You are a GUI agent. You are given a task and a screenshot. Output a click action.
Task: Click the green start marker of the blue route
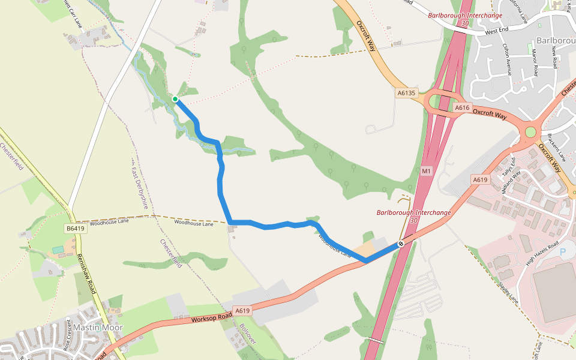click(x=175, y=99)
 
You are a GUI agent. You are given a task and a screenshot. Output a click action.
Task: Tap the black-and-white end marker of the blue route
click(x=400, y=244)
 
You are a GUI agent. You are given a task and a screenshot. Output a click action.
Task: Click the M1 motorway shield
click(x=426, y=171)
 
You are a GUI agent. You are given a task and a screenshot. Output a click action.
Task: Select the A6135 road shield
click(x=406, y=93)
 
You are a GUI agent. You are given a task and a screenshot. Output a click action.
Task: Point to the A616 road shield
click(x=461, y=107)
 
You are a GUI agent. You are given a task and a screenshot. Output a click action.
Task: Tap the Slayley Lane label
click(x=507, y=292)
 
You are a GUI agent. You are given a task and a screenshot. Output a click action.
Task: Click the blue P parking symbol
click(x=563, y=253)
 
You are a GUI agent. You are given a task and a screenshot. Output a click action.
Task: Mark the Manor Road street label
click(x=534, y=64)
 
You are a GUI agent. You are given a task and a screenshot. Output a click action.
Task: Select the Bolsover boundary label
click(x=247, y=333)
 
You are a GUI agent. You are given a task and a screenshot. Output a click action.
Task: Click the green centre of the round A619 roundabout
click(x=530, y=132)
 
